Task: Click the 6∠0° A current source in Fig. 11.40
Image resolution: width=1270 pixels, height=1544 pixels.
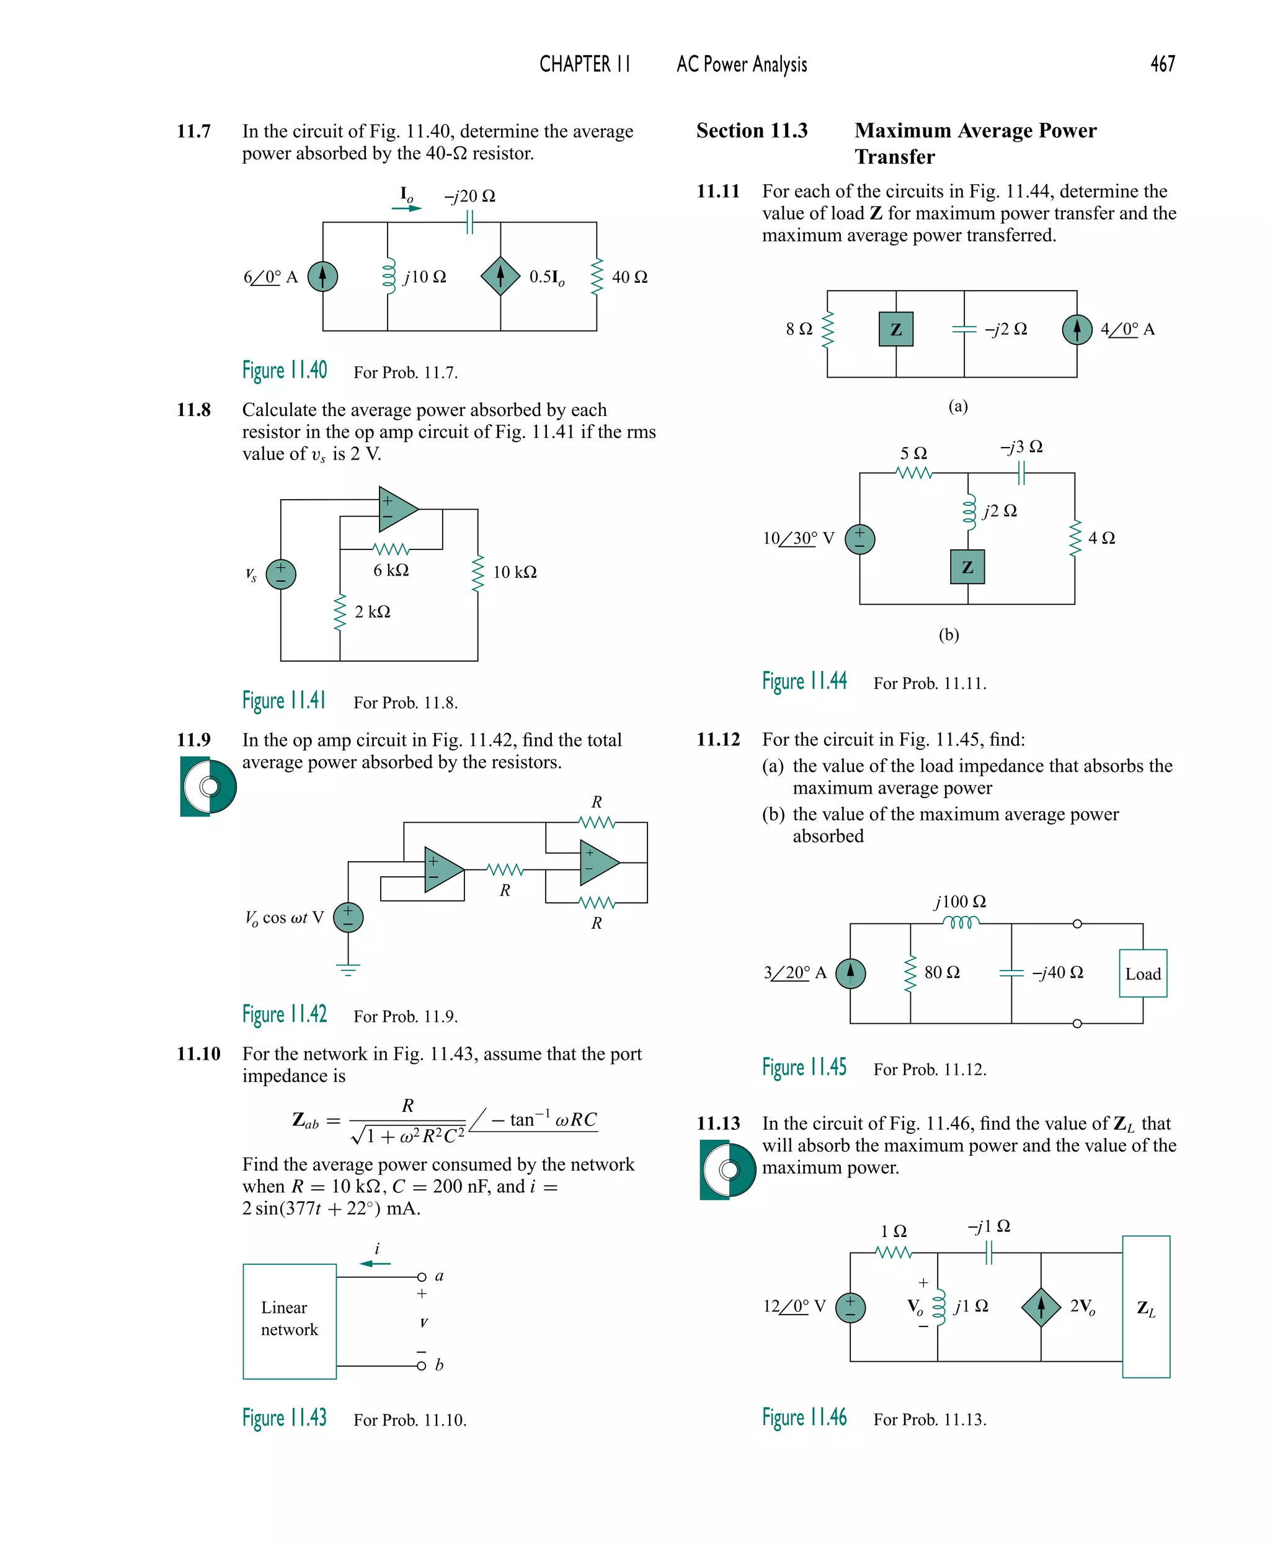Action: click(322, 277)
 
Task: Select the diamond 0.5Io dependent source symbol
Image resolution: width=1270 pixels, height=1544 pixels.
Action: click(500, 277)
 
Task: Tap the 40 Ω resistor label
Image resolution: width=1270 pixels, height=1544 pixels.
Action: click(629, 277)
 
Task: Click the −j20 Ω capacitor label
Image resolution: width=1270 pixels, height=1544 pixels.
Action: click(469, 196)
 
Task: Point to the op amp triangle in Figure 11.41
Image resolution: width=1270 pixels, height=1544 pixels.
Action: click(396, 509)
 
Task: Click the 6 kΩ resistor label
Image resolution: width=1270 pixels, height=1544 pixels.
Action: click(391, 570)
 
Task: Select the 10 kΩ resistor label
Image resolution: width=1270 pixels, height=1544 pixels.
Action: click(514, 572)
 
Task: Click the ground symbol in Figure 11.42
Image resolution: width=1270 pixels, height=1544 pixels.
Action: click(349, 970)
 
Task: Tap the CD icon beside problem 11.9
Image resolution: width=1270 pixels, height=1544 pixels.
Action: click(208, 786)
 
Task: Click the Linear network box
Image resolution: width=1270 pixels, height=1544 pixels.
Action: click(290, 1321)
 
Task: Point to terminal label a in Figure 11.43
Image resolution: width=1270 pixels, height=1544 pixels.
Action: click(439, 1276)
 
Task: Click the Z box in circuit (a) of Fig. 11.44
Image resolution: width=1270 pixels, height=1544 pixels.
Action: click(895, 329)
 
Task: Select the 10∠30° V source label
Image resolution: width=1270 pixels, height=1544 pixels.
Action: click(798, 538)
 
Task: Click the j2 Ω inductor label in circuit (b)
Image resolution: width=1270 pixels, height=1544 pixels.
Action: click(1000, 510)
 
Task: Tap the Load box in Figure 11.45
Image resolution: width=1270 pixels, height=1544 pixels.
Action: click(1143, 974)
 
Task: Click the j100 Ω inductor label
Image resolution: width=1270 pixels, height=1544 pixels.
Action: click(960, 902)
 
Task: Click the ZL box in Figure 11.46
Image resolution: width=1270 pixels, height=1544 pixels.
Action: click(1145, 1307)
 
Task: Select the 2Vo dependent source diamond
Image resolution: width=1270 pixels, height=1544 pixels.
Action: click(1041, 1307)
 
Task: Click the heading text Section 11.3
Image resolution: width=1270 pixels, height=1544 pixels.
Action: click(752, 131)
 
